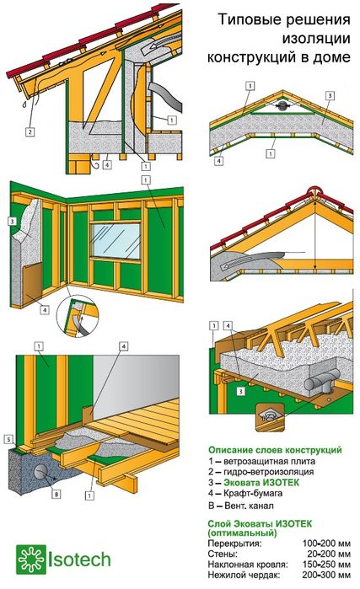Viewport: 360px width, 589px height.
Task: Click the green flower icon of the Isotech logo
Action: (x=30, y=560)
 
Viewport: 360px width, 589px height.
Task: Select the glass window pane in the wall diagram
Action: (x=116, y=241)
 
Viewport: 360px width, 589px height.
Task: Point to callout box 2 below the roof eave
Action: (x=30, y=131)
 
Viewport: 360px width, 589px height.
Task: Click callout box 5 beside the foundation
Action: (x=8, y=439)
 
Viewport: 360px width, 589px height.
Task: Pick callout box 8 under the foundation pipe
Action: (x=56, y=494)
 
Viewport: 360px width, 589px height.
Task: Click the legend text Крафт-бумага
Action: (x=253, y=494)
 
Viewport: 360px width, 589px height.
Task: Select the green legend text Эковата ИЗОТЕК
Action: (x=261, y=482)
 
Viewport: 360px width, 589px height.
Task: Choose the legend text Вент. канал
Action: (x=249, y=506)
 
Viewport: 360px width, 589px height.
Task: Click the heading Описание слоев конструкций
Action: (x=275, y=450)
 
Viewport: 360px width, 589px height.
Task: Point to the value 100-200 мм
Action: (x=326, y=543)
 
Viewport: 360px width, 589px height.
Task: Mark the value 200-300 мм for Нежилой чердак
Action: (x=326, y=575)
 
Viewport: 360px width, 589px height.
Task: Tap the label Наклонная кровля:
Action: (x=248, y=565)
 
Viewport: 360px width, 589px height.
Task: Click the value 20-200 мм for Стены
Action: (x=329, y=554)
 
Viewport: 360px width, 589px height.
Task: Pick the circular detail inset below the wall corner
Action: (x=78, y=316)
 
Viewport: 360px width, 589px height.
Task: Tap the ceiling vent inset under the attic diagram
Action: (x=269, y=416)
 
